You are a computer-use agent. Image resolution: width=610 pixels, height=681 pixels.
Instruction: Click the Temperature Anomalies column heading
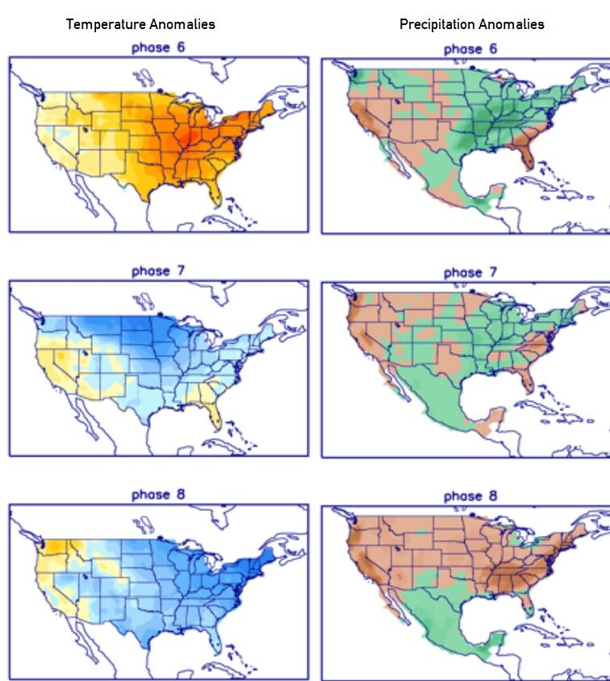[x=140, y=24]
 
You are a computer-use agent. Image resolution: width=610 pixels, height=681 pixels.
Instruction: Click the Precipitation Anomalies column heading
[x=472, y=24]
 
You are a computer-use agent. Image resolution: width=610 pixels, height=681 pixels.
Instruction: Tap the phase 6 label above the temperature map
[x=158, y=48]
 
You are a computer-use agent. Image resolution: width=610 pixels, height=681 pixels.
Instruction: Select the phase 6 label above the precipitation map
[x=470, y=49]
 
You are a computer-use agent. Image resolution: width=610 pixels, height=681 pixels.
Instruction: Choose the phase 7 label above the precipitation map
[x=470, y=273]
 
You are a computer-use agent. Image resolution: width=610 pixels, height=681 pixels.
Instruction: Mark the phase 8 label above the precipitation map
[x=470, y=496]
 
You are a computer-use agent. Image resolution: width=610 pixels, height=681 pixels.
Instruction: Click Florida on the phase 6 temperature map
[x=214, y=192]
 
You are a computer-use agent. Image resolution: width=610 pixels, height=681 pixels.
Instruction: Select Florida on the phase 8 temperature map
[x=214, y=639]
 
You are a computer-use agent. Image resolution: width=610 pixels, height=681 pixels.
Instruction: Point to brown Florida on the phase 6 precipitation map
[x=526, y=153]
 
